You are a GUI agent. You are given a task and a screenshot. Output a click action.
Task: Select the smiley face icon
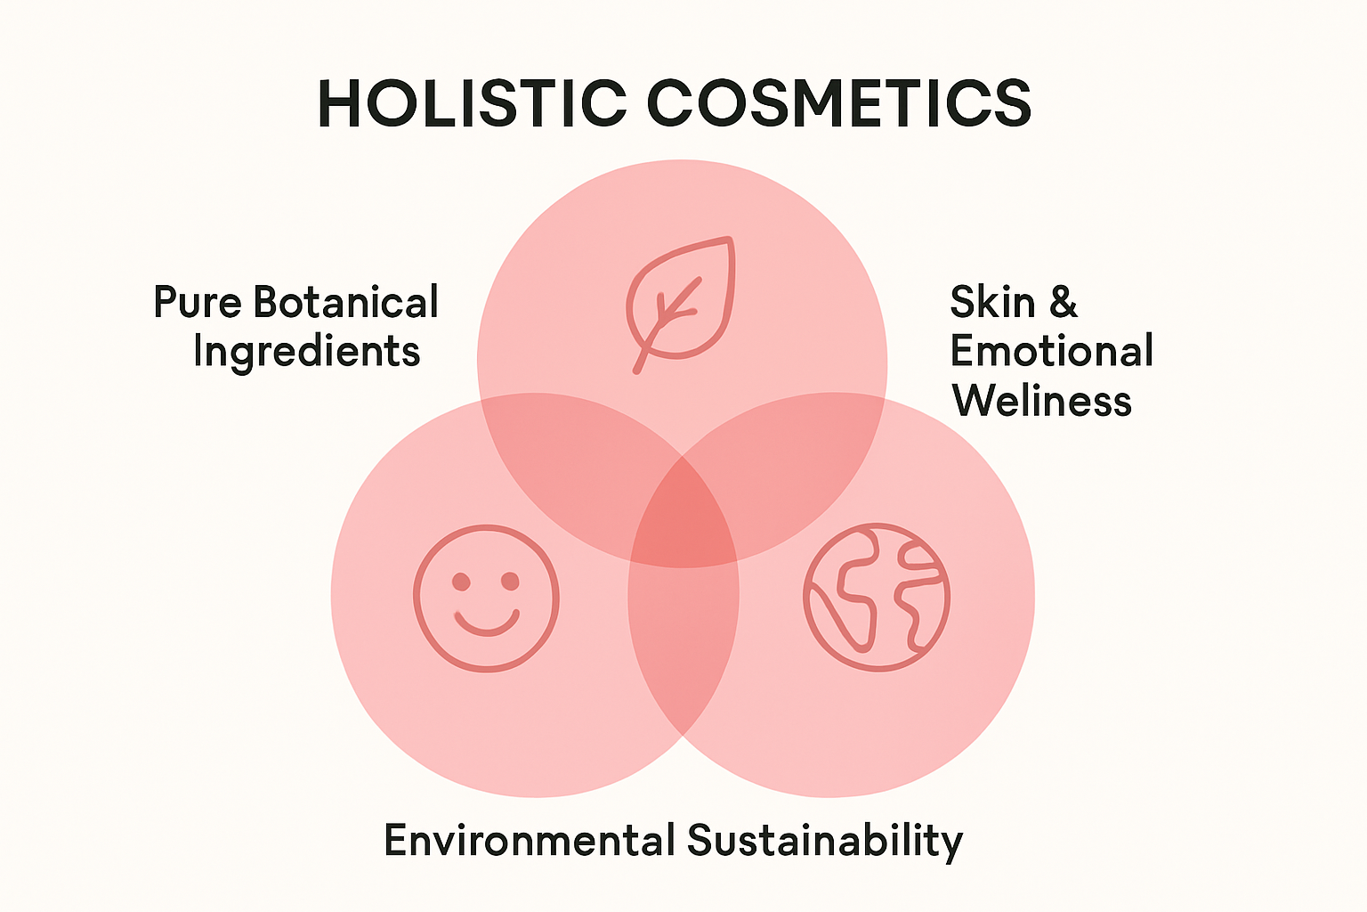click(x=487, y=598)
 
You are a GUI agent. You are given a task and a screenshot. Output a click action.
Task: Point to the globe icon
click(x=877, y=597)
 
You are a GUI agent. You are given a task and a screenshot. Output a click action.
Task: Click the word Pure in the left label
click(x=197, y=301)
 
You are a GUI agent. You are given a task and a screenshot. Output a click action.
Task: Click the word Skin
click(x=992, y=301)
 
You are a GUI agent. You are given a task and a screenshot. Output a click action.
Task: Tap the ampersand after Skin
click(x=1064, y=301)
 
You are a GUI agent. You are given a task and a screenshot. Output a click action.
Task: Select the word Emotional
click(x=1051, y=350)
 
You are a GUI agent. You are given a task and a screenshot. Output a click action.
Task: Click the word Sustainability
click(x=825, y=842)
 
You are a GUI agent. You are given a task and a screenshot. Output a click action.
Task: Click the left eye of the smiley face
click(x=461, y=582)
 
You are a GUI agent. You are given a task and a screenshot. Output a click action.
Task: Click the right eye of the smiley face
click(x=510, y=582)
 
